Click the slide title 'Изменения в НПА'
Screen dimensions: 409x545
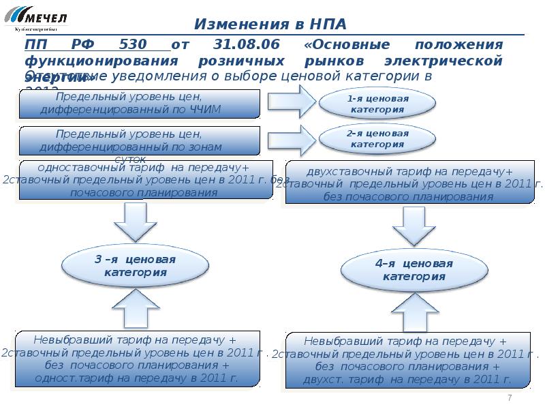(270, 25)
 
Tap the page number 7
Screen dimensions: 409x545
(510, 398)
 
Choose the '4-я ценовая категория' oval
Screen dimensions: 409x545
(414, 269)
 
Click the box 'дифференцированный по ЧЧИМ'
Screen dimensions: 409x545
(140, 104)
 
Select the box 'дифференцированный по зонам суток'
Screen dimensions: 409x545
(140, 141)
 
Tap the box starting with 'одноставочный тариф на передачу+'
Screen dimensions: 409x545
(146, 180)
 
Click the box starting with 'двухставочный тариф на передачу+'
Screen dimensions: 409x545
(414, 183)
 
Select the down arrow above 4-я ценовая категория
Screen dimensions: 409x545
(414, 226)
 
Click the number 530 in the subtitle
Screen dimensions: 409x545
(133, 44)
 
